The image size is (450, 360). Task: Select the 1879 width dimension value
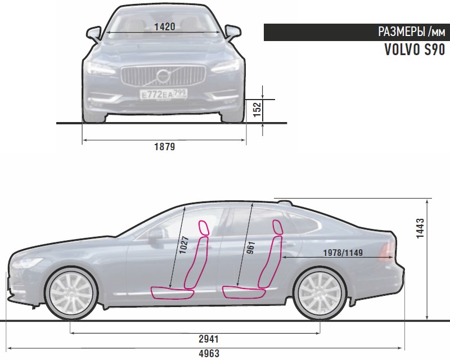click(x=164, y=147)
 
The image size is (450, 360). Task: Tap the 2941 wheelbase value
click(x=208, y=339)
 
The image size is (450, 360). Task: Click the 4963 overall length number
click(x=209, y=354)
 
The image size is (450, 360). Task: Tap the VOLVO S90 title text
click(x=415, y=50)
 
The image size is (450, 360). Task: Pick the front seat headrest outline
click(x=202, y=228)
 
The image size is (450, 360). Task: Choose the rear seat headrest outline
click(x=277, y=226)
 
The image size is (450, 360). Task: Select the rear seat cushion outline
click(x=241, y=291)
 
